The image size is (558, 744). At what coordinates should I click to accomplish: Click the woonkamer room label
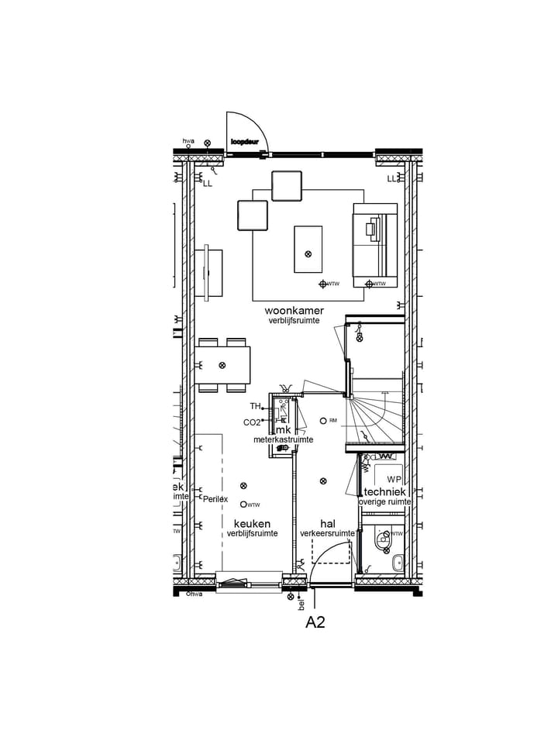pos(294,311)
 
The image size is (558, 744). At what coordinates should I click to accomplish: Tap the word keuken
pos(252,524)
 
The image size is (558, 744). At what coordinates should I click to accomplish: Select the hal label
pos(327,524)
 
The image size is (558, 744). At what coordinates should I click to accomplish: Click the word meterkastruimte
pos(284,439)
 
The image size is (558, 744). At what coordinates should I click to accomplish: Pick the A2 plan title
pos(315,622)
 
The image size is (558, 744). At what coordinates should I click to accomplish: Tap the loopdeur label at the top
pos(245,143)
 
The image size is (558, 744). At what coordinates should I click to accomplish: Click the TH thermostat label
pos(255,406)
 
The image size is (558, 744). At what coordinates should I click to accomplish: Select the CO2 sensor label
pos(252,422)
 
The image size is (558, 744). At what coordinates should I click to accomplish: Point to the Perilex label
pos(215,499)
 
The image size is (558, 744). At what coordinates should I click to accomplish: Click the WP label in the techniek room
pos(394,479)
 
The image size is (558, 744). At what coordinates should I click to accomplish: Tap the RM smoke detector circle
pos(323,421)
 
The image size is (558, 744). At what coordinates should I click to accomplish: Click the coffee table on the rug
pos(308,249)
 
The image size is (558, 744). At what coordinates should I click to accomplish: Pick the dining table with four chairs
pos(222,365)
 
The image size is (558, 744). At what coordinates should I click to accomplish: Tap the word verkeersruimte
pos(328,534)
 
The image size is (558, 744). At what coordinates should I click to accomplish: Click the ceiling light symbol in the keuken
pos(243,486)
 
